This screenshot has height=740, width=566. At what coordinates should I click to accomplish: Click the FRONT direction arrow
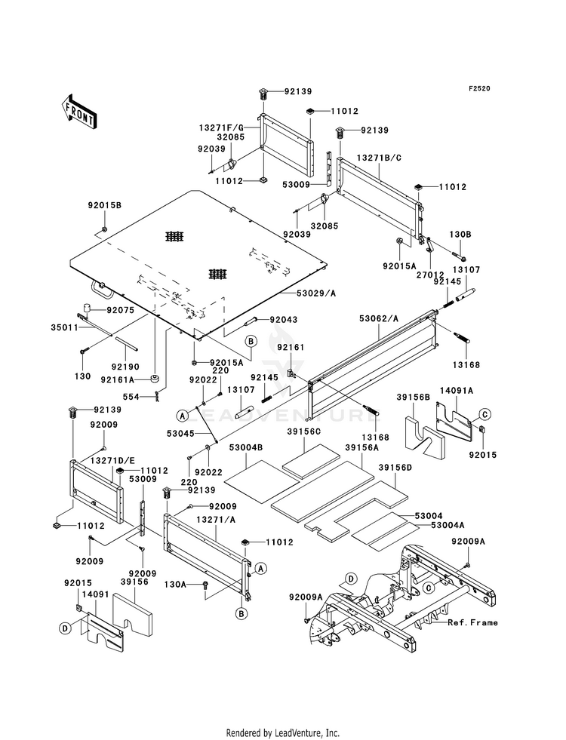pyautogui.click(x=78, y=112)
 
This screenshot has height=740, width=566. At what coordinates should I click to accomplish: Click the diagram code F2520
pyautogui.click(x=479, y=88)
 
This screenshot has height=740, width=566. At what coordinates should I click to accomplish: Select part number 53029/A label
pyautogui.click(x=316, y=293)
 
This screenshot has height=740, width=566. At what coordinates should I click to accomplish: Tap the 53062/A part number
pyautogui.click(x=379, y=318)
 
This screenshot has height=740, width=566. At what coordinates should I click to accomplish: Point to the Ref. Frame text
pyautogui.click(x=472, y=622)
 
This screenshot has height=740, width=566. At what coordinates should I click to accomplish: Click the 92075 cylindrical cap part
pyautogui.click(x=88, y=309)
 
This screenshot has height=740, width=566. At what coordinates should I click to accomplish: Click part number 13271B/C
pyautogui.click(x=379, y=158)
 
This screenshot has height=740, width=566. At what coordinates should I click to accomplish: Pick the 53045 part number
pyautogui.click(x=180, y=433)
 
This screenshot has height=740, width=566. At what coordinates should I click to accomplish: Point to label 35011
pyautogui.click(x=64, y=327)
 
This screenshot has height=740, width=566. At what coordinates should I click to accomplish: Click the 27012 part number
pyautogui.click(x=429, y=260)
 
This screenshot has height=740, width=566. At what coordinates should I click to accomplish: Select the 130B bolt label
pyautogui.click(x=460, y=235)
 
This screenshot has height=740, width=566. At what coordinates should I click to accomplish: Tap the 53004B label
pyautogui.click(x=246, y=447)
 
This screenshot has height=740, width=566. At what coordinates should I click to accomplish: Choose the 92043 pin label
pyautogui.click(x=284, y=320)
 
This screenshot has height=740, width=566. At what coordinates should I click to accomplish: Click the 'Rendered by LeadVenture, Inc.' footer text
pyautogui.click(x=283, y=732)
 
